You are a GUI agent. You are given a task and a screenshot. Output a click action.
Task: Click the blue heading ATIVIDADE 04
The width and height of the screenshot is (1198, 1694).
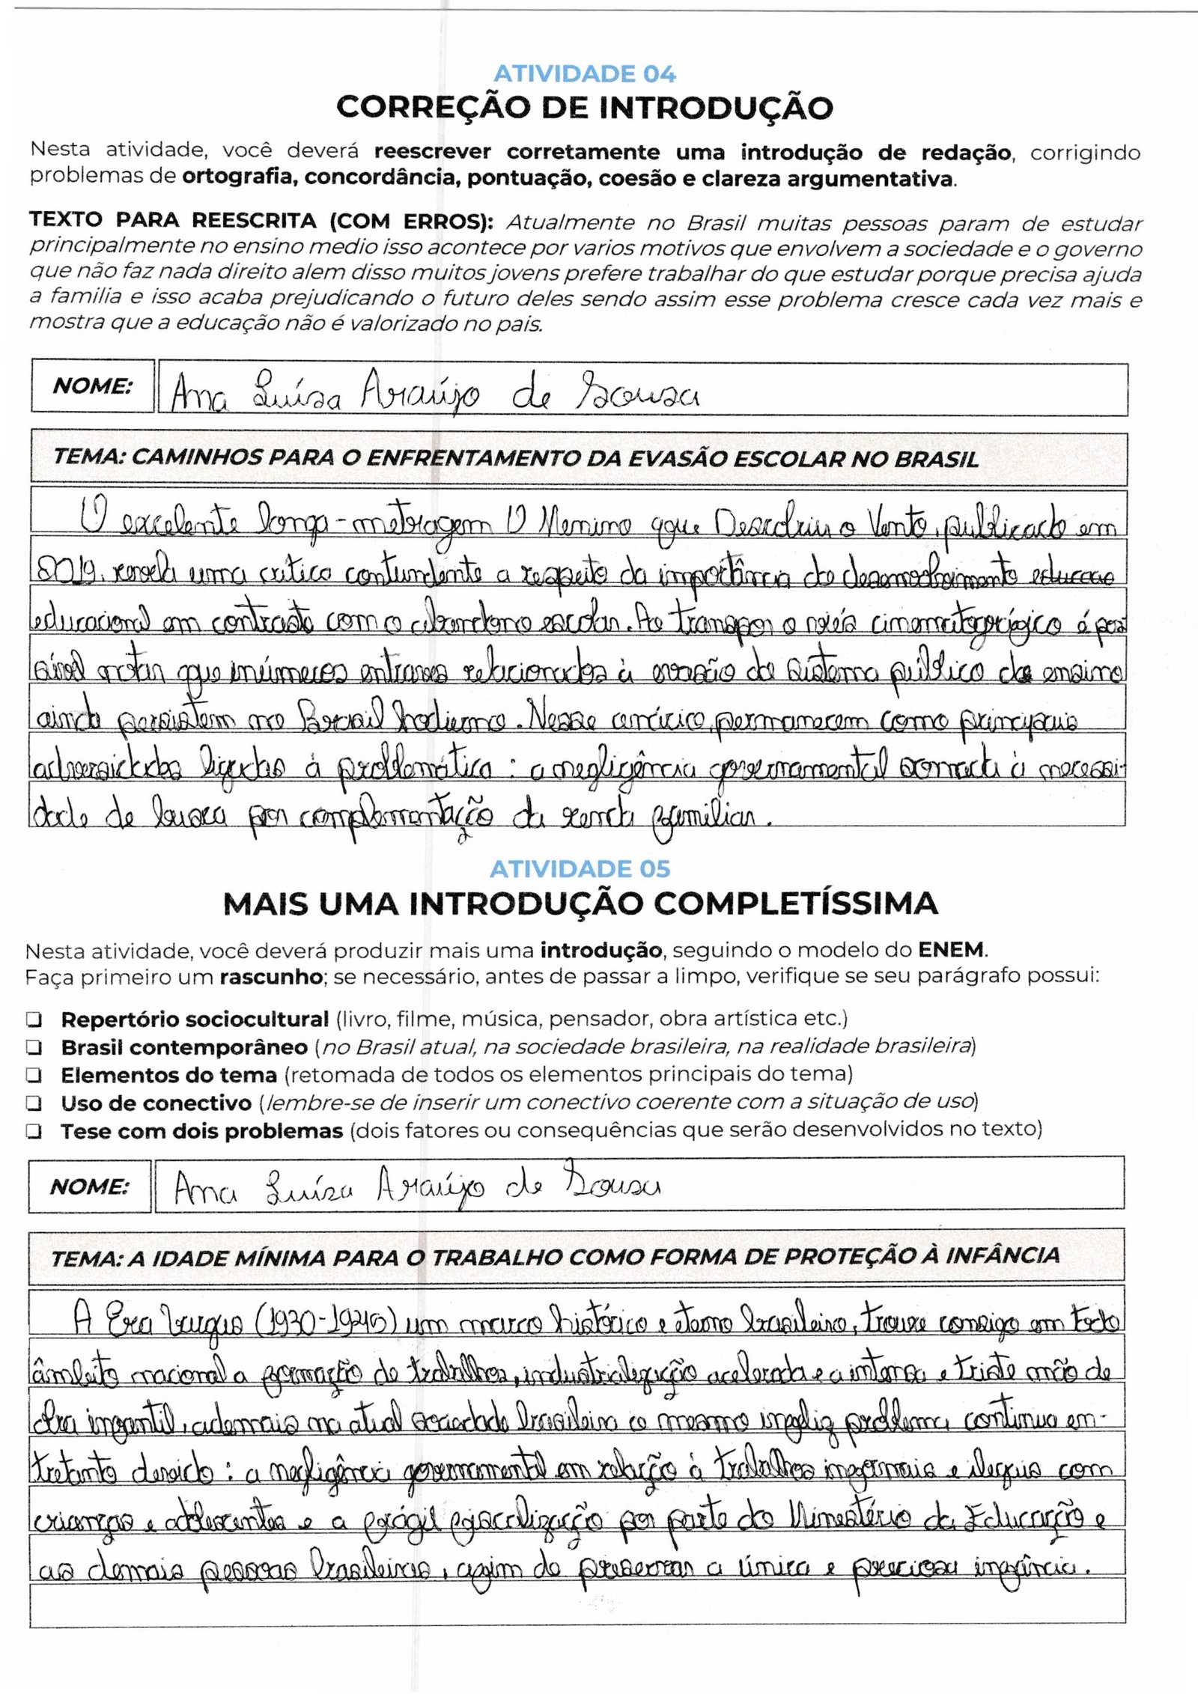(x=584, y=74)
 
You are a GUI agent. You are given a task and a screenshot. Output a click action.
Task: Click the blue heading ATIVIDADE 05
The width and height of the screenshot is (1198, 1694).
(x=580, y=869)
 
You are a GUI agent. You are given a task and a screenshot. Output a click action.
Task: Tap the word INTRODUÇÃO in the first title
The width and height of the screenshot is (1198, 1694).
(x=716, y=108)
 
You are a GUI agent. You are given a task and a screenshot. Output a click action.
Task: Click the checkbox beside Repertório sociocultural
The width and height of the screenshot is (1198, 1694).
(x=34, y=1020)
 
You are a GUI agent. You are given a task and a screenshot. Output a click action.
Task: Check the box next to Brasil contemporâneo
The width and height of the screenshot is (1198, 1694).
(x=34, y=1047)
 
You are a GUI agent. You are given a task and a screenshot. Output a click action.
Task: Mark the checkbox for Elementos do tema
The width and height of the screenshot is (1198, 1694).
(x=34, y=1076)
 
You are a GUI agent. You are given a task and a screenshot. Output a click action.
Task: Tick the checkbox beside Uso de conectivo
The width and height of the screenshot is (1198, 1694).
(x=34, y=1103)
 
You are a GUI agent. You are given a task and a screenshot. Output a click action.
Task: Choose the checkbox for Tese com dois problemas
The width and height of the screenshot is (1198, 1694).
(x=34, y=1131)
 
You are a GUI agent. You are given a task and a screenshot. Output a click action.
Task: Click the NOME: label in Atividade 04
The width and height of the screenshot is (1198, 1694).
(x=92, y=386)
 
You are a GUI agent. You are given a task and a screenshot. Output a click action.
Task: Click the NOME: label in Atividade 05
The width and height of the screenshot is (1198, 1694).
(x=89, y=1187)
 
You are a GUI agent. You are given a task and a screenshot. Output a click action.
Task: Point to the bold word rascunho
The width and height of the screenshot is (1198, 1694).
(x=271, y=977)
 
